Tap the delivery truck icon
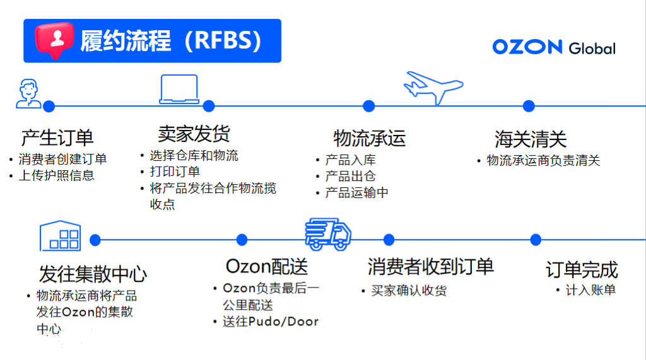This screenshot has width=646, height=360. pyautogui.click(x=327, y=235)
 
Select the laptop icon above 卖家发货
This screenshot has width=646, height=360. pyautogui.click(x=179, y=90)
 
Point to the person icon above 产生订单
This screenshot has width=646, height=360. pyautogui.click(x=28, y=94)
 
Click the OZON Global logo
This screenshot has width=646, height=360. pyautogui.click(x=553, y=47)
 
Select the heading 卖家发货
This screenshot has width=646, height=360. pyautogui.click(x=194, y=134)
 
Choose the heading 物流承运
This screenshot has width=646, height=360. pyautogui.click(x=369, y=137)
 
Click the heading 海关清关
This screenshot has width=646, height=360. pyautogui.click(x=531, y=139)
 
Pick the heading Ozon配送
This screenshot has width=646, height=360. pyautogui.click(x=267, y=267)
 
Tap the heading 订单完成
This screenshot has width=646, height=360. pyautogui.click(x=581, y=270)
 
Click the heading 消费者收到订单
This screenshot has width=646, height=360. pyautogui.click(x=430, y=267)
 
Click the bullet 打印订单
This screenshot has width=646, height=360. pyautogui.click(x=175, y=171)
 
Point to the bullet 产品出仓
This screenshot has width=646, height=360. pyautogui.click(x=350, y=177)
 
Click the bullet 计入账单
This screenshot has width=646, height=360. pyautogui.click(x=590, y=290)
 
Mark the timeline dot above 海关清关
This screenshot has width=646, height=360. pyautogui.click(x=529, y=106)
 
